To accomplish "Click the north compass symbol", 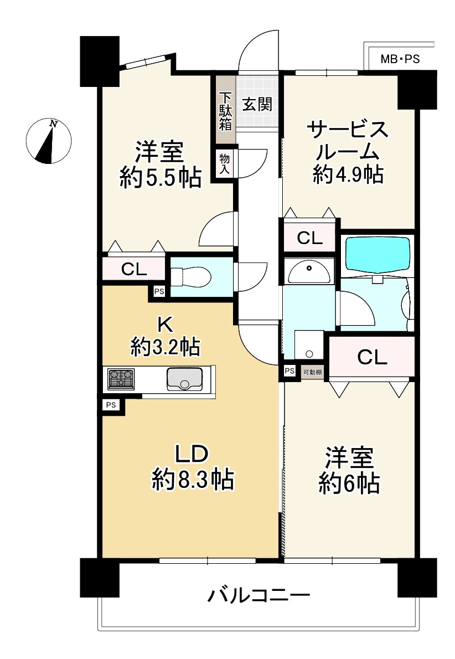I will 49,142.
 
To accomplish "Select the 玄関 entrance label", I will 256,104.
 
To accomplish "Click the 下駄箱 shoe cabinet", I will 225,110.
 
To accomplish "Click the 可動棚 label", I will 313,372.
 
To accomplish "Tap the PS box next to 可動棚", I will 289,372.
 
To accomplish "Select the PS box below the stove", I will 111,405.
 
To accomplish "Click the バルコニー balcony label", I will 258,596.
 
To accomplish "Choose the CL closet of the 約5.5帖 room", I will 133,270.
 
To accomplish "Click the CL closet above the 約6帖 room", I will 372,357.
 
